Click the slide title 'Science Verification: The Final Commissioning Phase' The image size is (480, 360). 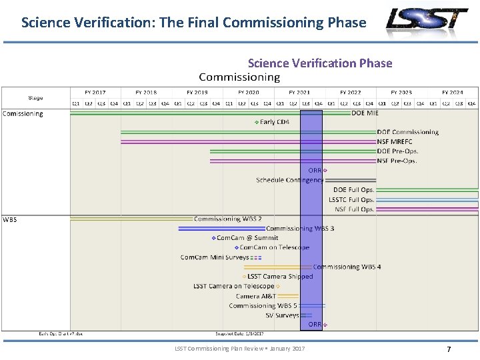pyautogui.click(x=193, y=23)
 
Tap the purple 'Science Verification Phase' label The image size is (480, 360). pyautogui.click(x=320, y=63)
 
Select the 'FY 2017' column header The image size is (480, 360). pyautogui.click(x=95, y=93)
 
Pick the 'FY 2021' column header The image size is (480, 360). pyautogui.click(x=299, y=93)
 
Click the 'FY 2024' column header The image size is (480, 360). pyautogui.click(x=452, y=93)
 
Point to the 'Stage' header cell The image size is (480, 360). pyautogui.click(x=36, y=98)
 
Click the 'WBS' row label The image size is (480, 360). pyautogui.click(x=10, y=219)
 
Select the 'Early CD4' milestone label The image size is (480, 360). pyautogui.click(x=274, y=122)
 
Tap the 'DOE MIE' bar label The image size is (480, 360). pyautogui.click(x=365, y=113)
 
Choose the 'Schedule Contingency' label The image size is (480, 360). pyautogui.click(x=289, y=180)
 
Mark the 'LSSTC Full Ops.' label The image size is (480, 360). pyautogui.click(x=351, y=199)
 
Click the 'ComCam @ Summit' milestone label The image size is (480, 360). pyautogui.click(x=247, y=238)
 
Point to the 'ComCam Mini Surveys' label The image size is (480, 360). pyautogui.click(x=215, y=257)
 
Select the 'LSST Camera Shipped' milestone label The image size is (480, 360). pyautogui.click(x=280, y=277)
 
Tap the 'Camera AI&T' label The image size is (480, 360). pyautogui.click(x=255, y=296)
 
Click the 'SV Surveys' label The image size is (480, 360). pyautogui.click(x=282, y=315)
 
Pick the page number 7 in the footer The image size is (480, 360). pyautogui.click(x=449, y=349)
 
